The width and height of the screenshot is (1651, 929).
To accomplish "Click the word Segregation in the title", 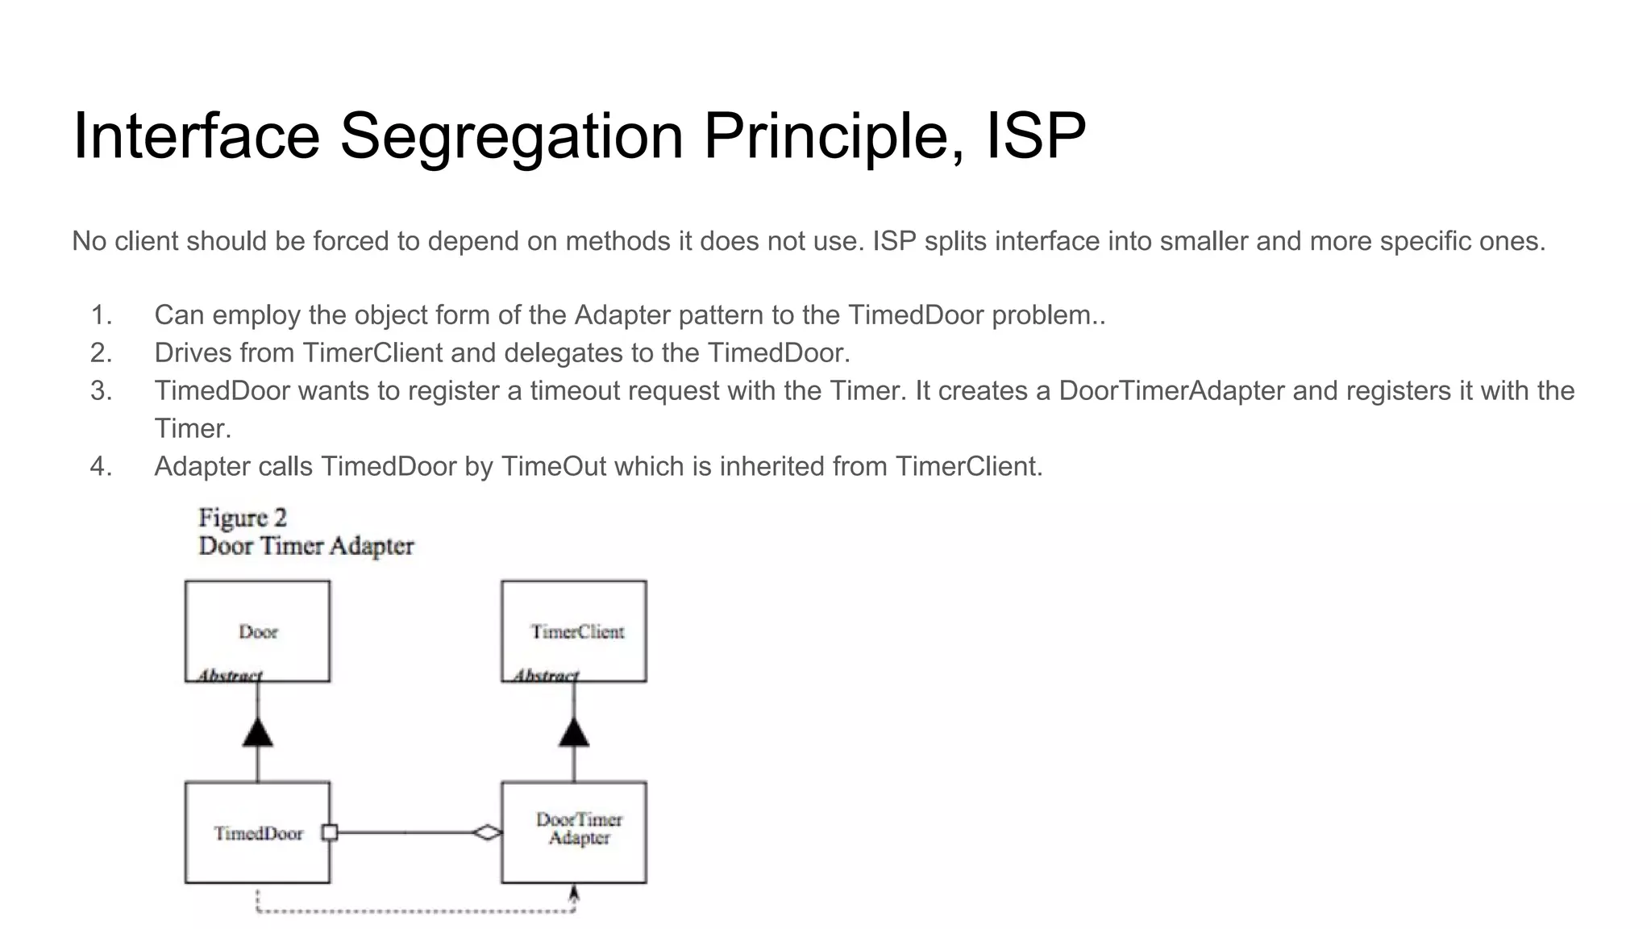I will click(511, 137).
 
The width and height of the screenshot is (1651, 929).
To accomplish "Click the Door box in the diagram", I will click(257, 631).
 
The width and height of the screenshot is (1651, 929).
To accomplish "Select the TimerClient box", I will click(573, 631).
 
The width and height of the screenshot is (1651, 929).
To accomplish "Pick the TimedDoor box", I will click(257, 832).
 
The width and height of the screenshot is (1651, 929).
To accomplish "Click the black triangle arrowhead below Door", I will click(257, 732).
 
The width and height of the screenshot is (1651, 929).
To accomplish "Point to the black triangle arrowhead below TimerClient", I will click(573, 732).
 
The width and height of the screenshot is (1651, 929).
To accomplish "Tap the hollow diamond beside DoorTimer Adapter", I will click(487, 832).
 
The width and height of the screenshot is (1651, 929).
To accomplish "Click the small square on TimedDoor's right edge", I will click(329, 832).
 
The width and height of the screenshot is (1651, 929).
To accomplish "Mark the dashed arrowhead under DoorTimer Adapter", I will click(574, 894).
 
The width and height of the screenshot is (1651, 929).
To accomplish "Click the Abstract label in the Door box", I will click(230, 675).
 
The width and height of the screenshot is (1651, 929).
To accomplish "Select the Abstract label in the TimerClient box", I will click(546, 675).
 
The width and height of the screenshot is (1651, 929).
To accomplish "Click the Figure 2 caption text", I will click(243, 518).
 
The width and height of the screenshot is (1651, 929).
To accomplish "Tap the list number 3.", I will click(101, 391).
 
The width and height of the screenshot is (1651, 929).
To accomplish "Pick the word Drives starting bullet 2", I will click(193, 353).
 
